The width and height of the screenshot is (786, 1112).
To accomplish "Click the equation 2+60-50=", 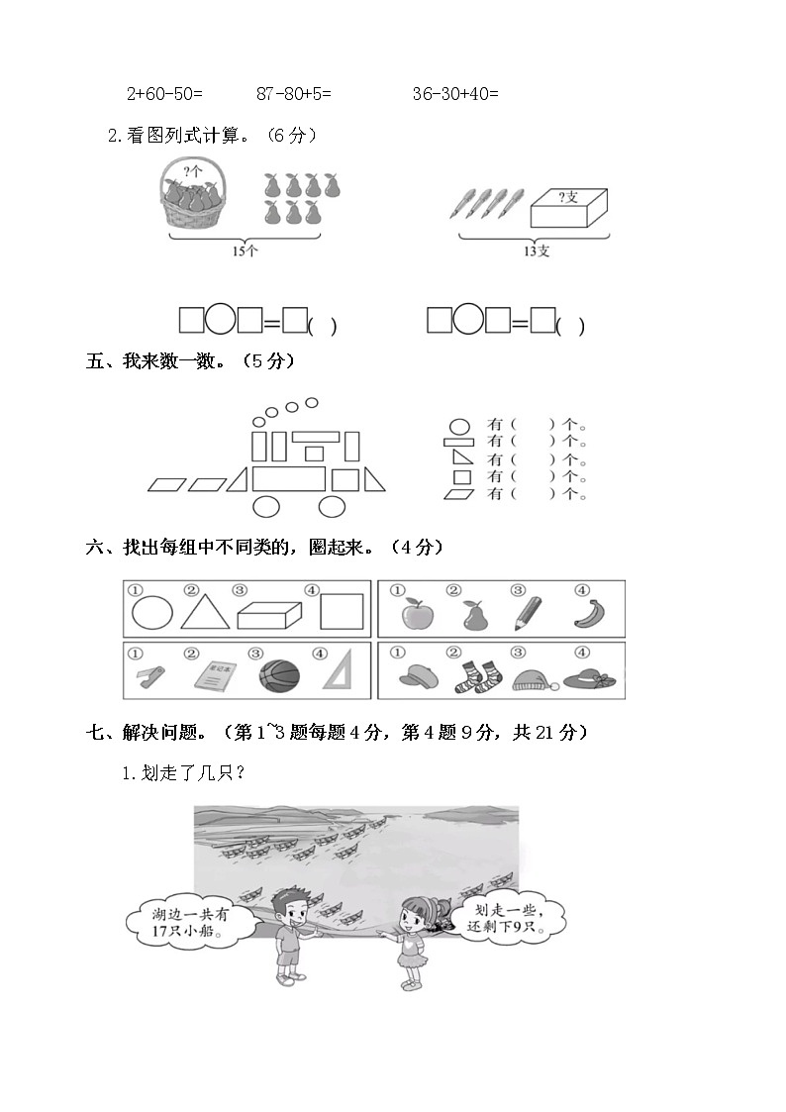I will (164, 94).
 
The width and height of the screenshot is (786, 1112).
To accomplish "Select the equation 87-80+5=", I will (294, 94).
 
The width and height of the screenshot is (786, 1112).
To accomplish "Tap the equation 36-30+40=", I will (455, 94).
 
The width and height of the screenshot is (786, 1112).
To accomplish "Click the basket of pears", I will (195, 196).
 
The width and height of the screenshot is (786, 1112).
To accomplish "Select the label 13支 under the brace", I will (536, 252).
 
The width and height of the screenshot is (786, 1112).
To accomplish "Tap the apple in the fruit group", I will (416, 615).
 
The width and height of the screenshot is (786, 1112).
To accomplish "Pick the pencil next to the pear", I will (527, 613).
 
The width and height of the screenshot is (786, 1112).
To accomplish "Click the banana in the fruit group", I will (591, 614).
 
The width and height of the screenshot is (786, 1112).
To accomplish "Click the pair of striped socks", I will (465, 675).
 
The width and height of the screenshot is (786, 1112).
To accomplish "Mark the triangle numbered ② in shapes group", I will (205, 612).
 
